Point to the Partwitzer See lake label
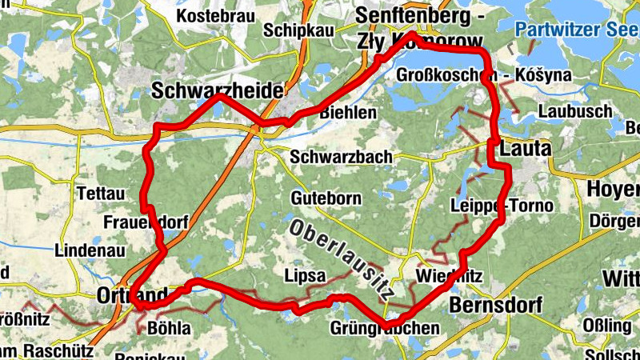point(576,30)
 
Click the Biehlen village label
point(347,114)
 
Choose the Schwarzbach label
point(342,156)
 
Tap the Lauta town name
point(525,149)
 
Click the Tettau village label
point(102,194)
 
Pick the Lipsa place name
point(305,276)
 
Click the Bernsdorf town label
point(496,305)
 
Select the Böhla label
point(170,328)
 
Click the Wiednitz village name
point(449,277)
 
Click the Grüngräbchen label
point(384,328)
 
